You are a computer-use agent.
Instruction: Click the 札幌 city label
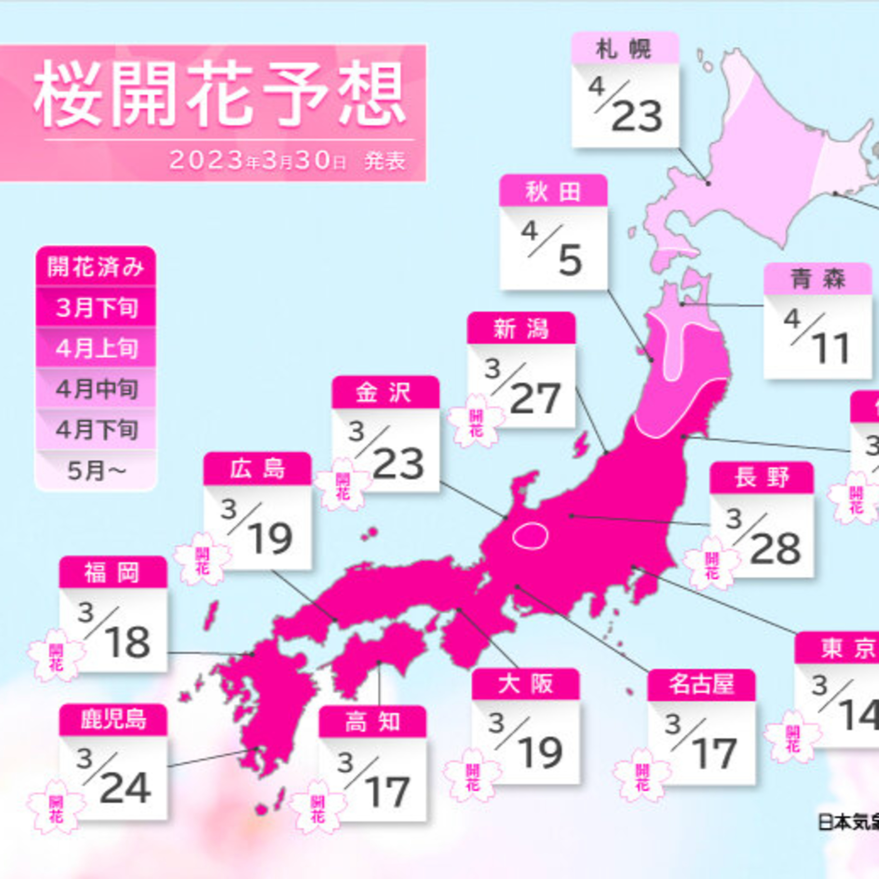(x=625, y=49)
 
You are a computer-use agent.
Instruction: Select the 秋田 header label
(x=553, y=191)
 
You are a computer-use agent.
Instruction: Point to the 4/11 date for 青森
(x=817, y=339)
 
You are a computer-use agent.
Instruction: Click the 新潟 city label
(x=521, y=328)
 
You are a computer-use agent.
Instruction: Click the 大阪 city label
(x=525, y=684)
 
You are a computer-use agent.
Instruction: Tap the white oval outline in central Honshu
(x=530, y=536)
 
